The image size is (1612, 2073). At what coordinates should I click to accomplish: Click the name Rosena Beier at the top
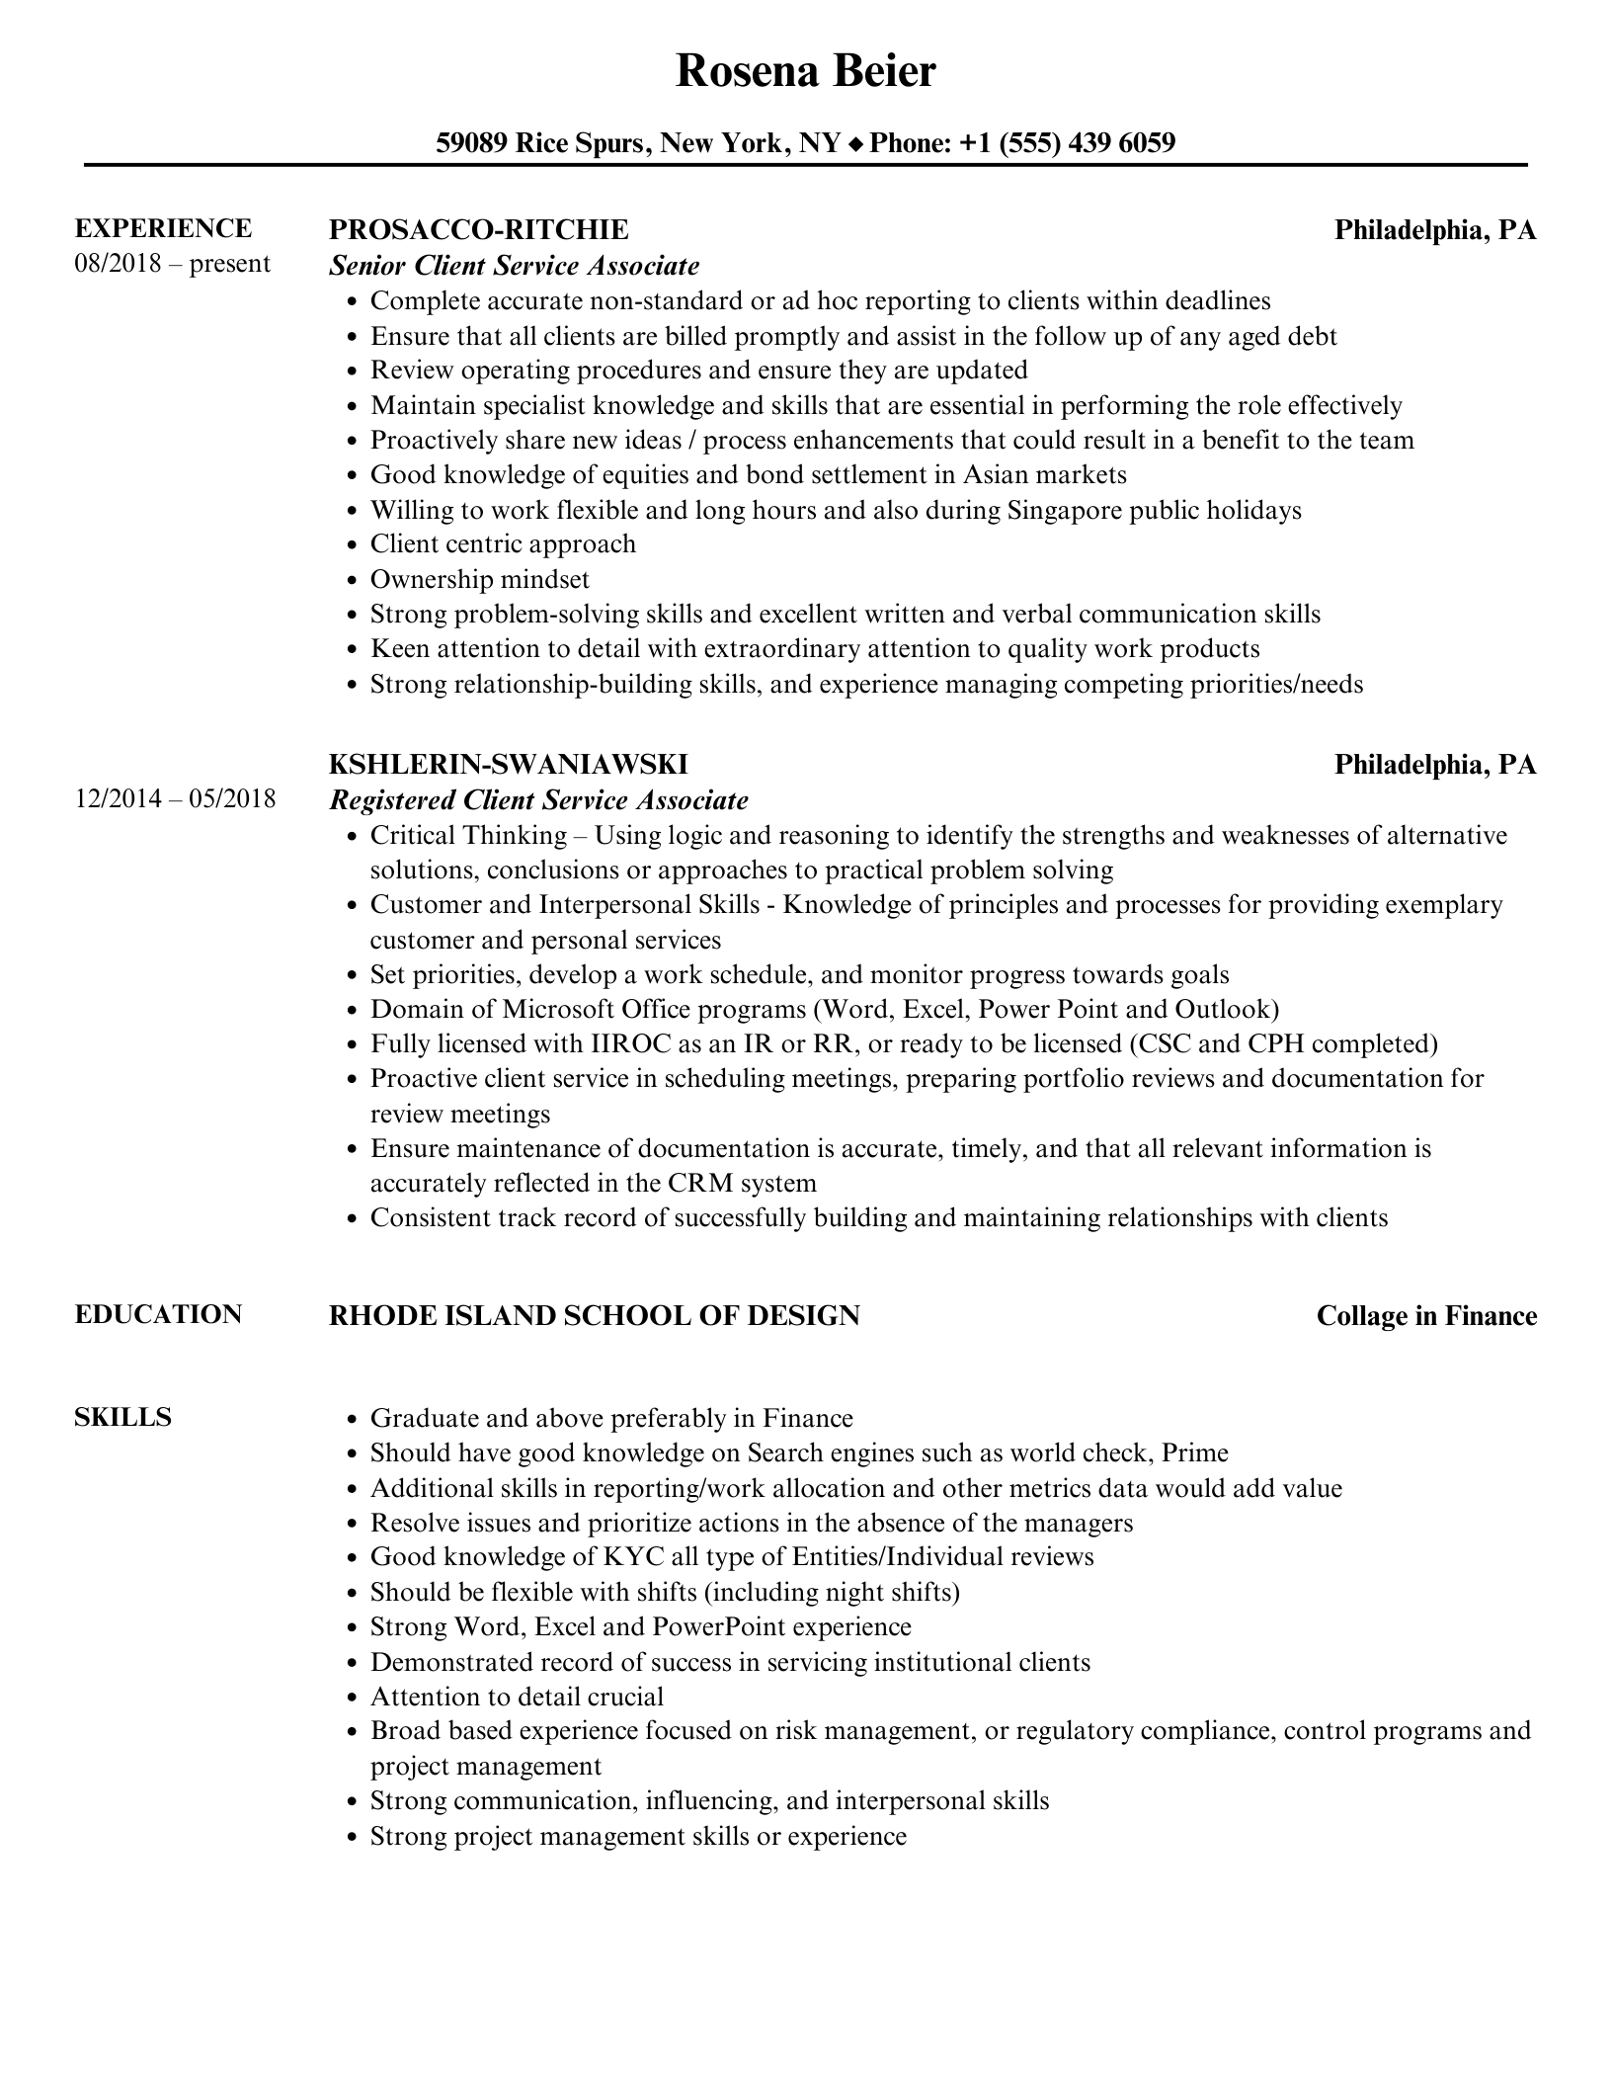pos(805,71)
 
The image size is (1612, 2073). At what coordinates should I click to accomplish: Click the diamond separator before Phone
pos(854,144)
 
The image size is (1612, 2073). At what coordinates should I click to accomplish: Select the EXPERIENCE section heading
pos(163,228)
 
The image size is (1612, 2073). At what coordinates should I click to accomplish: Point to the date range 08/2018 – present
pos(172,264)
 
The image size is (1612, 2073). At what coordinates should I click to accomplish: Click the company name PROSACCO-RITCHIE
pos(478,229)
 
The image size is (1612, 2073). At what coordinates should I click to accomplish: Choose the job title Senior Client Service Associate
pos(514,265)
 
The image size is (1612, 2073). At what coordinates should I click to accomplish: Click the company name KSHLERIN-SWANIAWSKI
pos(508,764)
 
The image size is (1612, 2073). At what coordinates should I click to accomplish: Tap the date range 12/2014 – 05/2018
pos(175,798)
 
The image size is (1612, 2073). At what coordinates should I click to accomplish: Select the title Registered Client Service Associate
pos(538,799)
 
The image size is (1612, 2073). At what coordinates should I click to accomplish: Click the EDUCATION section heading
pos(158,1314)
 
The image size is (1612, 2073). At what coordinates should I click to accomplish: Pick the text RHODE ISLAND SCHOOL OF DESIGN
pos(594,1315)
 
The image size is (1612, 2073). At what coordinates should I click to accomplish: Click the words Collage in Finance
pos(1426,1315)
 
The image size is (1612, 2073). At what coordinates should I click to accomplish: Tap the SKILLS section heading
pos(122,1417)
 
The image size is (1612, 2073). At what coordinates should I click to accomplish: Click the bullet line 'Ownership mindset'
pos(479,579)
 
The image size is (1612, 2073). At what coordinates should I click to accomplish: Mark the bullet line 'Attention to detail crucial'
pos(517,1697)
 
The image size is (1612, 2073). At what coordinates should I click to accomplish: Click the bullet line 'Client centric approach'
pos(503,544)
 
